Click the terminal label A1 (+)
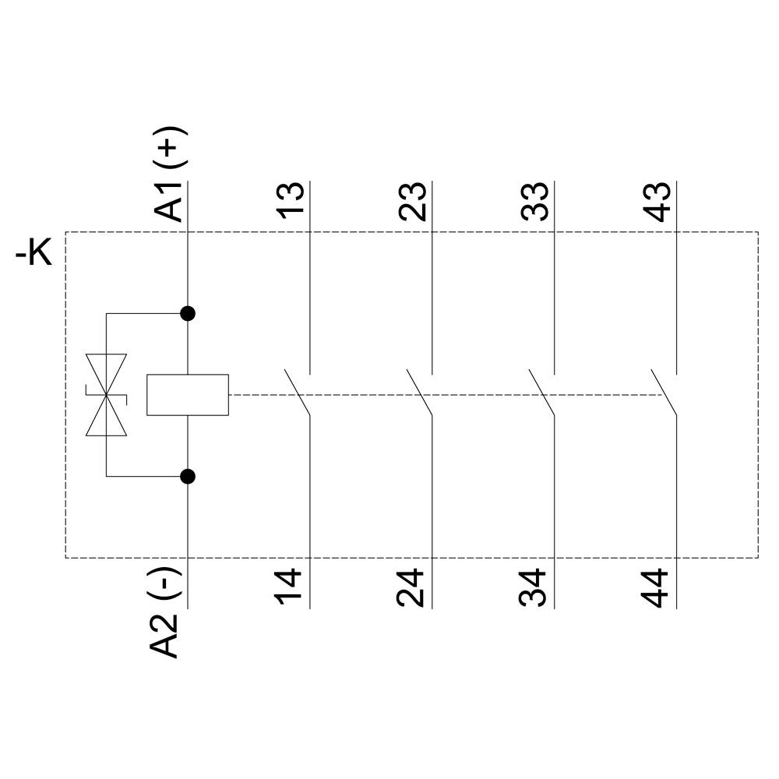pos(170,175)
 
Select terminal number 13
pos(291,203)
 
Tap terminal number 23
pos(413,203)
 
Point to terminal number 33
pos(535,203)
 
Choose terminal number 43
pos(657,203)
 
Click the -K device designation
pos(34,254)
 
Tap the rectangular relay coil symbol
pos(188,395)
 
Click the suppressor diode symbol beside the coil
pos(106,395)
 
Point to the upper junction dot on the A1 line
pos(188,314)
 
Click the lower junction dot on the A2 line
pos(188,476)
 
